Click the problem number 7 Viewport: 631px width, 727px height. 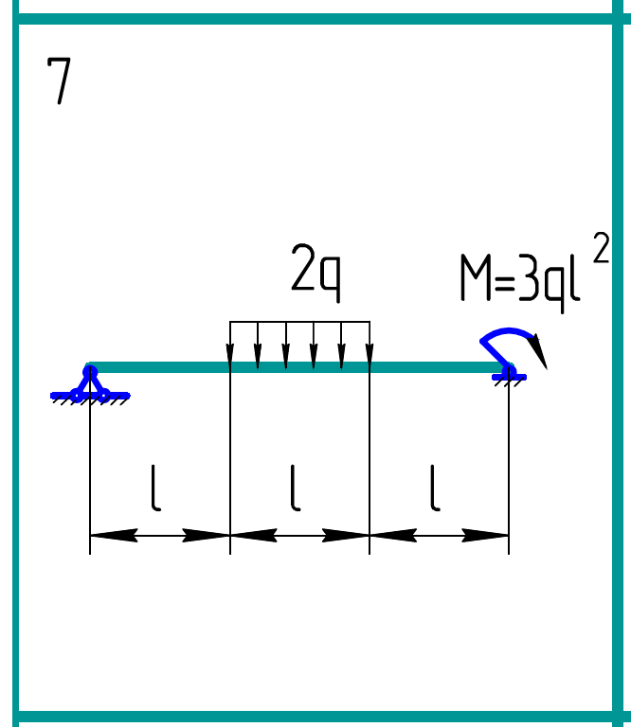point(59,81)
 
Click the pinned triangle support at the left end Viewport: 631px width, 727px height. point(90,384)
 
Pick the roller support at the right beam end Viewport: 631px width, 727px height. point(509,374)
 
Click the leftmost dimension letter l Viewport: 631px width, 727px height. point(155,489)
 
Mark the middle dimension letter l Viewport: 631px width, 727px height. point(296,489)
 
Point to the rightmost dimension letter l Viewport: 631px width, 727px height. point(435,489)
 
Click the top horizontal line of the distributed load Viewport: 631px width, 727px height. point(299,323)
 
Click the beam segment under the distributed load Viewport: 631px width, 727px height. point(299,367)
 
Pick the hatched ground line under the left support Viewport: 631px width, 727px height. point(90,398)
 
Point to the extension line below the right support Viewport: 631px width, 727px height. point(509,464)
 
